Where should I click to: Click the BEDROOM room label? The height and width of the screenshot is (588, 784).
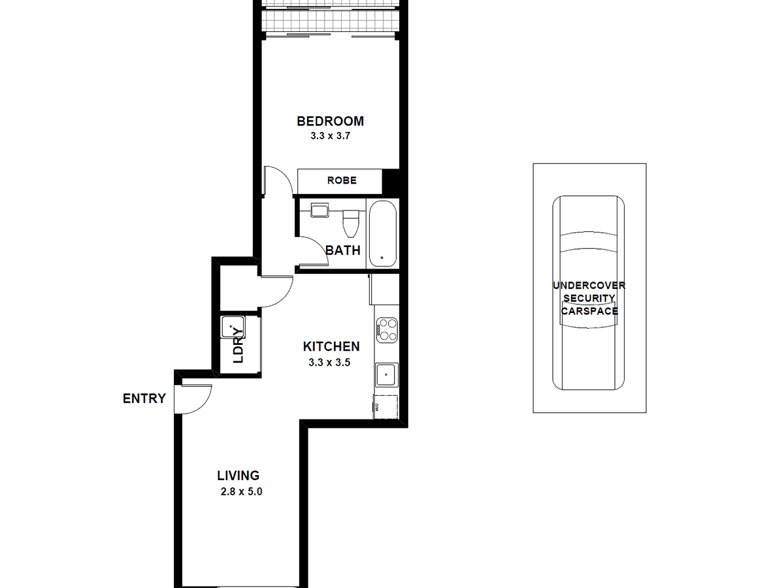click(330, 122)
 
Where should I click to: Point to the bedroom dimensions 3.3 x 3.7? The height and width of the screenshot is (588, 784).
click(331, 137)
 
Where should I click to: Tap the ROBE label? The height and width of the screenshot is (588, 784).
click(342, 180)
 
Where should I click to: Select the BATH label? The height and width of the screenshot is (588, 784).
click(343, 250)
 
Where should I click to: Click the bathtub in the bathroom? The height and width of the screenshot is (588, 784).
click(382, 234)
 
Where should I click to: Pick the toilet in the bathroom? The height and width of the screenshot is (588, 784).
click(351, 222)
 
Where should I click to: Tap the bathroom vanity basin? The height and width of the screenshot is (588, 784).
click(319, 211)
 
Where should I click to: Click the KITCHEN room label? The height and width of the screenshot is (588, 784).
click(331, 347)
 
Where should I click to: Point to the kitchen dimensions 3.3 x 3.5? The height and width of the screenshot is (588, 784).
click(331, 363)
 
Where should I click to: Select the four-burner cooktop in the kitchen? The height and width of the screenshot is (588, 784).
click(386, 329)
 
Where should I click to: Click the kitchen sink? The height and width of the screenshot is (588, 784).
click(385, 375)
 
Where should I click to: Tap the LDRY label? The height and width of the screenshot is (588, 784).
click(238, 345)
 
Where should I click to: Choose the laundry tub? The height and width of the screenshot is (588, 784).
click(233, 327)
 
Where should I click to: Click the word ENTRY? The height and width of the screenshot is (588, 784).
click(144, 399)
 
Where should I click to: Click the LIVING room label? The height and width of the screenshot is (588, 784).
click(238, 476)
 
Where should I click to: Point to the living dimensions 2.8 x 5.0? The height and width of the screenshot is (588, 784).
click(242, 492)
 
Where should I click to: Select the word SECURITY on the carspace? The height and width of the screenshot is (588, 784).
click(589, 298)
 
